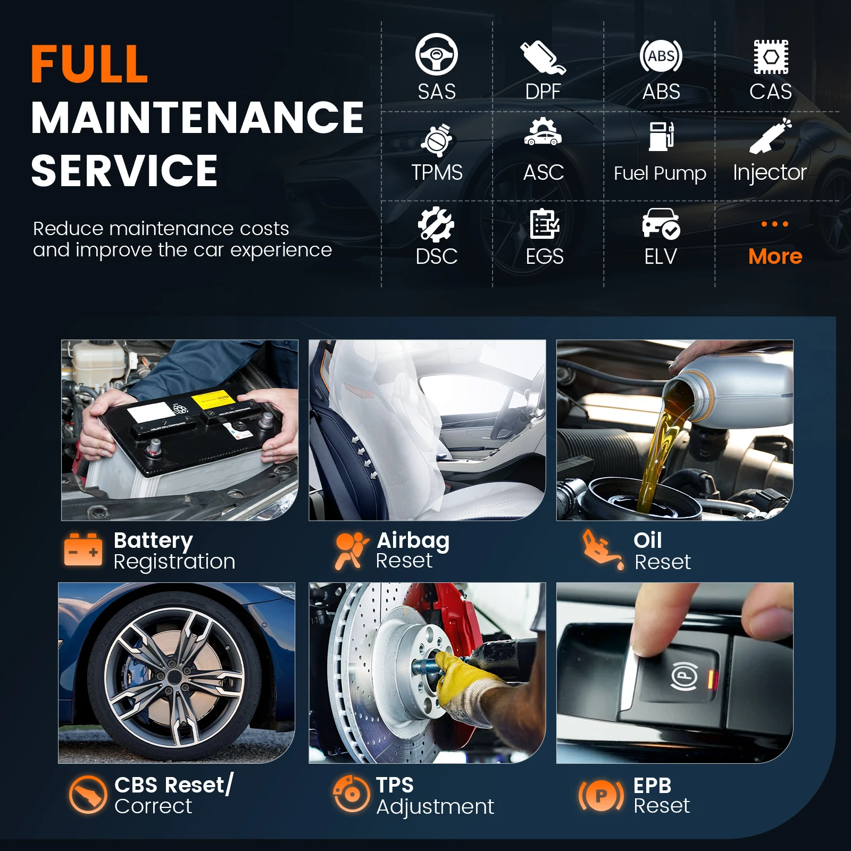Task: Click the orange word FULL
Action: (x=89, y=64)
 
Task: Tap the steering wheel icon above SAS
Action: (x=436, y=54)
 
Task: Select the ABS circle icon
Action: (x=661, y=56)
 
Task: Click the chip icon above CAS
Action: (x=771, y=56)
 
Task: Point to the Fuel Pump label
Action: (x=660, y=173)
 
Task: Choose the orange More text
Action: (x=775, y=257)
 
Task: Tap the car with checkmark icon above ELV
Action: (x=661, y=223)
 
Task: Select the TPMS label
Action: (x=437, y=173)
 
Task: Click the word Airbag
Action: (x=413, y=541)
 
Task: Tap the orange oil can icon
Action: (x=602, y=549)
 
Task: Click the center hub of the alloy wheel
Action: (x=174, y=677)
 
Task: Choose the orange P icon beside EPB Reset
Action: (x=601, y=796)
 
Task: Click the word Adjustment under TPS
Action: (x=435, y=807)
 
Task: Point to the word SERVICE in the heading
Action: (x=124, y=171)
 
